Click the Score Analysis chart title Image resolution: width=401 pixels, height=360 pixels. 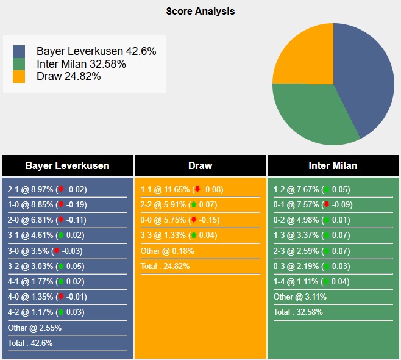click(200, 11)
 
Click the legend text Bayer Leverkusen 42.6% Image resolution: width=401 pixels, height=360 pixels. click(96, 51)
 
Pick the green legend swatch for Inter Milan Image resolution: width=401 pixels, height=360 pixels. click(19, 64)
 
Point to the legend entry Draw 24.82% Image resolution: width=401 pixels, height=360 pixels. click(68, 76)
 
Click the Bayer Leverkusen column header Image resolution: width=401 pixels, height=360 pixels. click(68, 166)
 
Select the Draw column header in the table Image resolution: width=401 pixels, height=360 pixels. click(200, 166)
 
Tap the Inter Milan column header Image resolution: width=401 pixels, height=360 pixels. click(333, 166)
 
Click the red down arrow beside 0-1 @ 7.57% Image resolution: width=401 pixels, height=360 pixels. click(327, 205)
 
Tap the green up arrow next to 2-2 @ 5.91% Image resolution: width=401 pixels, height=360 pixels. click(193, 205)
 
